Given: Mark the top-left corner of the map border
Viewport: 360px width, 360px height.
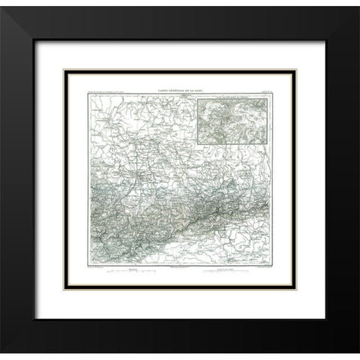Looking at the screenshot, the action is (x=88, y=96).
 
